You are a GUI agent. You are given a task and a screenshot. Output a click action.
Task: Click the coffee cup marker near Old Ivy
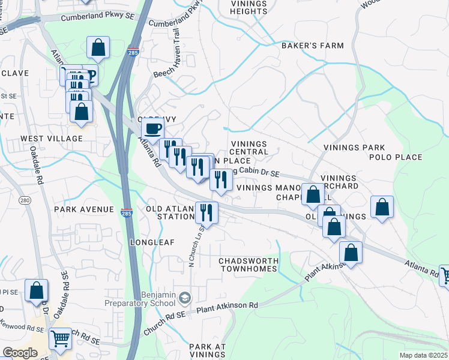[152, 128]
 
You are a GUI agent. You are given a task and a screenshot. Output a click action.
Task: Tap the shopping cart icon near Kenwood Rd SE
[60, 339]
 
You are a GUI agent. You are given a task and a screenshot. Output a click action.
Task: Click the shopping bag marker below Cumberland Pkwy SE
[98, 47]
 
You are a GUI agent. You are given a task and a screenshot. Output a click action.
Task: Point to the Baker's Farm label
[313, 46]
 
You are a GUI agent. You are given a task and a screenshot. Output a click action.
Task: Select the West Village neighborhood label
[52, 139]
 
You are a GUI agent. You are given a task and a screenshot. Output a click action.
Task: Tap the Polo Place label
[396, 157]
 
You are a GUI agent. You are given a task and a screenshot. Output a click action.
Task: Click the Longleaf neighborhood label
[152, 242]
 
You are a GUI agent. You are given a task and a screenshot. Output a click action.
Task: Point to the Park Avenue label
[83, 209]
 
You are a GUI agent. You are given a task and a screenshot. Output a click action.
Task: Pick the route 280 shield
[25, 200]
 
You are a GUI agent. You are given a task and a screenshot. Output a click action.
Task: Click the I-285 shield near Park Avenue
[127, 213]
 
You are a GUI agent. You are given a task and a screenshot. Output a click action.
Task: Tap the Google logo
[20, 353]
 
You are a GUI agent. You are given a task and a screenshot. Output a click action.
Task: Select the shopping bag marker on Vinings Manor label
[313, 194]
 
